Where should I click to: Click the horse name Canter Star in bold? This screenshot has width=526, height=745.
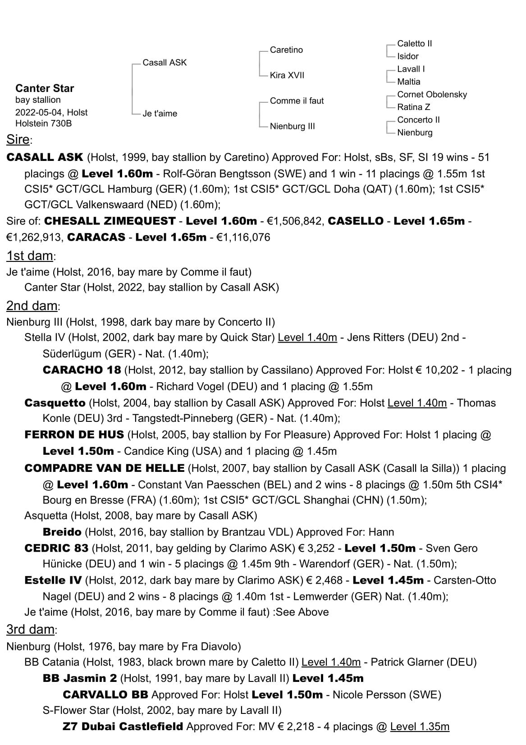[x=45, y=88]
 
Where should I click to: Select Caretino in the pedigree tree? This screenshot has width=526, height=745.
[x=286, y=50]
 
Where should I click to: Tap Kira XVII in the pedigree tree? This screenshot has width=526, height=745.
[x=287, y=75]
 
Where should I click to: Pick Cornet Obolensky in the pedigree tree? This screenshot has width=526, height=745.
[x=432, y=95]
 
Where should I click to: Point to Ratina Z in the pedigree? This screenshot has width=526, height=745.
[x=413, y=107]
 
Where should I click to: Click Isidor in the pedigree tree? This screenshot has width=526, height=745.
[x=407, y=56]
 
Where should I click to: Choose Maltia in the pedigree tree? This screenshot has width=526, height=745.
[x=408, y=82]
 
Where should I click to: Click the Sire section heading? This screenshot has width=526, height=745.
[x=18, y=140]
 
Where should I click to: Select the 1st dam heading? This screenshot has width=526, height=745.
[x=30, y=256]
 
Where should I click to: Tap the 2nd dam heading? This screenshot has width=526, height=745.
[x=32, y=306]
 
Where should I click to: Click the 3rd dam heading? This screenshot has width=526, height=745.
[x=31, y=630]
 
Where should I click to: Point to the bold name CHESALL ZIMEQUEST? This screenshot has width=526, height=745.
[x=110, y=221]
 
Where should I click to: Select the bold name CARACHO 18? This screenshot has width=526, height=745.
[x=82, y=370]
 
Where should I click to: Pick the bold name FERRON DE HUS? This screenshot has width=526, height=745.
[x=74, y=435]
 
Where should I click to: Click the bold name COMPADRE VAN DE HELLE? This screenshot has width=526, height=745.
[x=104, y=468]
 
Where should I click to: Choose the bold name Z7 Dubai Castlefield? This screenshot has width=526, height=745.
[x=123, y=727]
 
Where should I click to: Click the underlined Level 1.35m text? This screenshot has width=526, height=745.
[x=420, y=727]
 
